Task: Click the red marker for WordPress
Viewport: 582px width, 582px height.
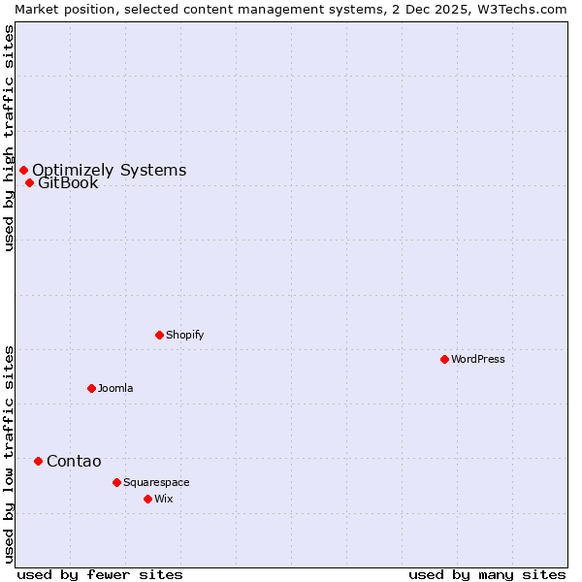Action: (444, 359)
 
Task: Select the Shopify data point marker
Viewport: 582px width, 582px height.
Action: (159, 335)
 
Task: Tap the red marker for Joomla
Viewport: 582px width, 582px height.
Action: (91, 388)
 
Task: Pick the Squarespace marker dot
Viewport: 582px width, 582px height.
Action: (116, 482)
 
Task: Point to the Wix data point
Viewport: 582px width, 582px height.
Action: (147, 499)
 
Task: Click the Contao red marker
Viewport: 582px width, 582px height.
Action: (38, 461)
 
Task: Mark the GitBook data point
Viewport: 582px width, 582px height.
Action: (29, 182)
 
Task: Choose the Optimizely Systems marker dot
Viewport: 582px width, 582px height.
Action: (23, 171)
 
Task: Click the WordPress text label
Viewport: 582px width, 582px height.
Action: (478, 359)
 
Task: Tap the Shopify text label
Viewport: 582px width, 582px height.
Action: (185, 335)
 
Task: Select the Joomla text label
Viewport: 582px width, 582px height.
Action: (115, 388)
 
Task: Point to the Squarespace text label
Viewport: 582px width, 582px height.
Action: (156, 482)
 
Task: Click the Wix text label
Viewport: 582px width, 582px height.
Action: (163, 499)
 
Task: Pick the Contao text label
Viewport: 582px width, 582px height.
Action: (74, 461)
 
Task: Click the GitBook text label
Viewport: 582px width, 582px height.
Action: (68, 183)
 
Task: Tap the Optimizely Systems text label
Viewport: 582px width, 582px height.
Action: (110, 171)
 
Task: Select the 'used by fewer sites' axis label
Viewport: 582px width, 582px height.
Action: (100, 574)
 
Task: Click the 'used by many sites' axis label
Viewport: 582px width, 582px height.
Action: (487, 574)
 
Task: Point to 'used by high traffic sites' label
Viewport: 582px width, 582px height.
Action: (9, 138)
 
